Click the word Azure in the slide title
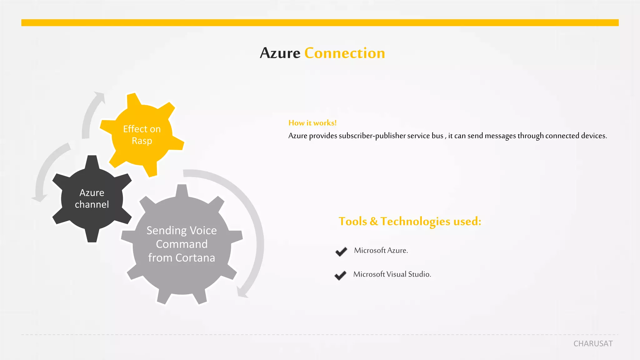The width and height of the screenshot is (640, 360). click(x=280, y=53)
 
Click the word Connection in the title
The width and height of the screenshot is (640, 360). click(x=345, y=53)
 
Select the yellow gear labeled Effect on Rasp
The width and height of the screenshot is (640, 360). click(x=142, y=135)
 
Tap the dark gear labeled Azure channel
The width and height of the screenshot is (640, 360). click(x=92, y=199)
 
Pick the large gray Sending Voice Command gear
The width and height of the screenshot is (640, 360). click(x=182, y=244)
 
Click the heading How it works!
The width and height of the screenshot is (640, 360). click(x=312, y=123)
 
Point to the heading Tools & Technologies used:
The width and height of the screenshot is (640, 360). click(x=410, y=221)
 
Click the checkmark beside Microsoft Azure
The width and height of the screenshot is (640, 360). click(x=341, y=251)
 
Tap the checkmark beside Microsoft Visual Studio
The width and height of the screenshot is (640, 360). click(x=340, y=275)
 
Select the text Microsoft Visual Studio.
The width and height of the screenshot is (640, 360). click(x=392, y=274)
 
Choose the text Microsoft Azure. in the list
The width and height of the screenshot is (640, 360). click(x=381, y=250)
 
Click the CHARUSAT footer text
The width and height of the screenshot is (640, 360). click(x=593, y=343)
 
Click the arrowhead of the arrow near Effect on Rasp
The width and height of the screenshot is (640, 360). click(x=100, y=96)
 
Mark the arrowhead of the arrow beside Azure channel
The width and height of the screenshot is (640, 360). click(x=39, y=198)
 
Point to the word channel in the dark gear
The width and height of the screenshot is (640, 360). click(x=92, y=204)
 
